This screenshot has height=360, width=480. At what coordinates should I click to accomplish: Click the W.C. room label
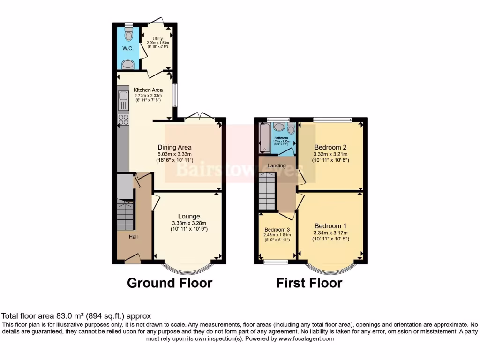[x=127, y=48]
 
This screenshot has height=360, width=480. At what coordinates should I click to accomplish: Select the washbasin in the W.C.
[x=127, y=65]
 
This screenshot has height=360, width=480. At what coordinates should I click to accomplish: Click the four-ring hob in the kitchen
[x=124, y=119]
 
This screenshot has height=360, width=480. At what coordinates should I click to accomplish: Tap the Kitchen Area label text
[x=148, y=90]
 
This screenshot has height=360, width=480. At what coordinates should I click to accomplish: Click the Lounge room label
[x=189, y=217]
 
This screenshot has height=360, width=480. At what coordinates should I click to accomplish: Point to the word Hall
[x=134, y=237]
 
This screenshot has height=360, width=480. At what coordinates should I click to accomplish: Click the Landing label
[x=277, y=165]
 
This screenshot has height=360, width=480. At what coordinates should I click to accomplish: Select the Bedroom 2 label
[x=330, y=146]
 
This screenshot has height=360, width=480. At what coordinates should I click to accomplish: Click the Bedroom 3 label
[x=277, y=229]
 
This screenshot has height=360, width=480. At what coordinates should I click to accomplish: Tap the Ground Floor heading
[x=170, y=283]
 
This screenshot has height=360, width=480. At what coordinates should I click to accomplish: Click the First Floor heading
[x=309, y=283]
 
